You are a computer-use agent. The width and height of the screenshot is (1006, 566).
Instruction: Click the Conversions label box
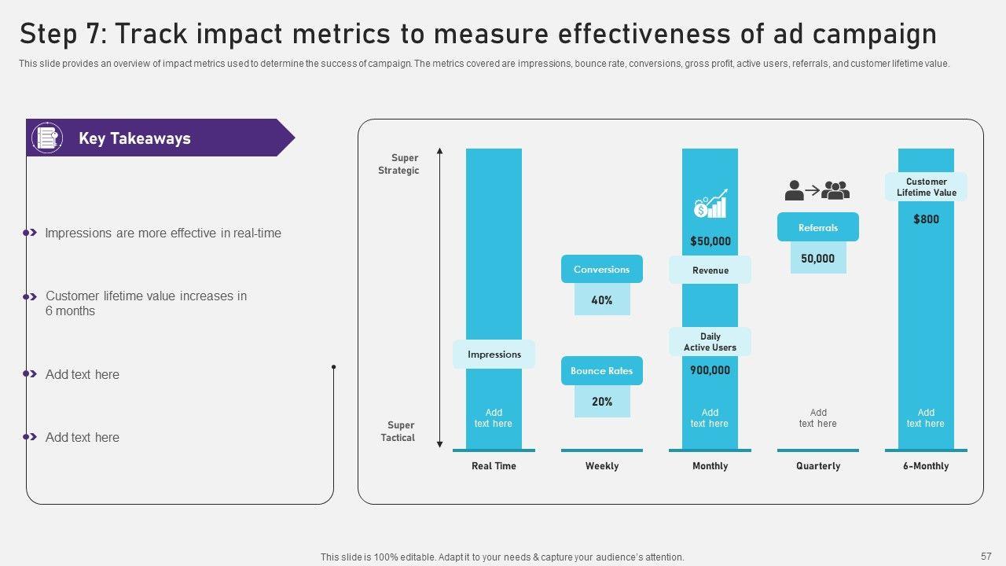(x=601, y=269)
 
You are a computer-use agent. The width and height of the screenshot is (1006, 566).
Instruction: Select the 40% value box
(x=602, y=300)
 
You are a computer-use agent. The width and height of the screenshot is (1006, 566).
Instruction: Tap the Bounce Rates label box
(x=601, y=371)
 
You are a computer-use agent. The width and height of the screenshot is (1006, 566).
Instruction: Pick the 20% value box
(x=602, y=402)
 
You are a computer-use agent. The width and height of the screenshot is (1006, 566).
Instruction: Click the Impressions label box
(x=494, y=355)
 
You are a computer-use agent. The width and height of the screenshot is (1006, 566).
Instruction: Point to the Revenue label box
(x=710, y=270)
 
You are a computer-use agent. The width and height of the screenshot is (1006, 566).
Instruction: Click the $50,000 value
(x=710, y=241)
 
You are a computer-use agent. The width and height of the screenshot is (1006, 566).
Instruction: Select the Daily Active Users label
(x=710, y=342)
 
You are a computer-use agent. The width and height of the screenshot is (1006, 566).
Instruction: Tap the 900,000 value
(x=710, y=370)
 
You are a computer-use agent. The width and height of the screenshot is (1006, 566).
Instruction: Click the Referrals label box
(x=817, y=228)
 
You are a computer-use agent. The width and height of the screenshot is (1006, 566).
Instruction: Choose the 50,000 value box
(x=817, y=259)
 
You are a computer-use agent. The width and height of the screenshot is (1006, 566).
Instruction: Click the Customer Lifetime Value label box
(x=926, y=187)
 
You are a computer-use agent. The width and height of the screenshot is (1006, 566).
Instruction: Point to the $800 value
(x=926, y=219)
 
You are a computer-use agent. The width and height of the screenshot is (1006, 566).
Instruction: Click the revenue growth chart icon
(x=710, y=204)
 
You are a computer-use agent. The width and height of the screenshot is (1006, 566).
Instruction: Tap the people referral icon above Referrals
(x=817, y=190)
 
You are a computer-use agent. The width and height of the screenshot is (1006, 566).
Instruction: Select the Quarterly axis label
(x=817, y=466)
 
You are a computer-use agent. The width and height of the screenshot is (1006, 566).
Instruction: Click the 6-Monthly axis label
(x=926, y=466)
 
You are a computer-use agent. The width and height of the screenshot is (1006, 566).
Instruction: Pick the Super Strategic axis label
(x=398, y=164)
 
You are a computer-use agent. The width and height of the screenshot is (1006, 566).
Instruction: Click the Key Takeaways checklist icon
(x=47, y=138)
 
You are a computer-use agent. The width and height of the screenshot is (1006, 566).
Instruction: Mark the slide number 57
(x=986, y=556)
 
